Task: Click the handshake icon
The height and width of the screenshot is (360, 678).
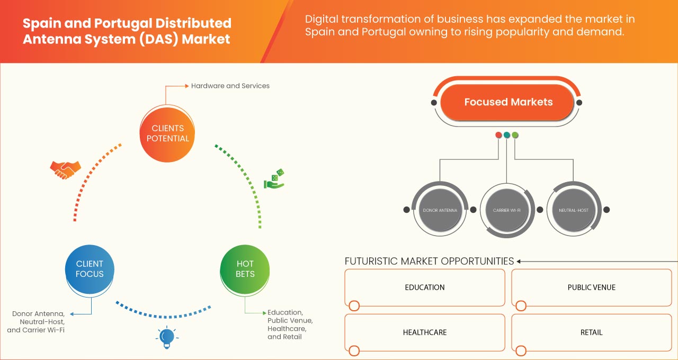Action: (65, 169)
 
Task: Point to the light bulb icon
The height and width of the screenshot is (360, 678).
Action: (167, 337)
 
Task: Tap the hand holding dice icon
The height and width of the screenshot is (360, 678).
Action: (274, 179)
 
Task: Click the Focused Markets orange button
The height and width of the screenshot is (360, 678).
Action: (508, 102)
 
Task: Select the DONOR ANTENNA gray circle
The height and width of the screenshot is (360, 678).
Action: (439, 210)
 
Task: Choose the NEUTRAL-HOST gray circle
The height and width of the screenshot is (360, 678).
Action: (573, 210)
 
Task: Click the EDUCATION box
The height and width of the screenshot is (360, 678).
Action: (425, 287)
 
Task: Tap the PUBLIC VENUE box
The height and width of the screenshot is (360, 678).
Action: (591, 287)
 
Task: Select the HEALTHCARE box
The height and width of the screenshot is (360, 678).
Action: (425, 332)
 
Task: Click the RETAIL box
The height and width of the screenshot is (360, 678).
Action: (591, 332)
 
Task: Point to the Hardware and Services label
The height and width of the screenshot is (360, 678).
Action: (230, 86)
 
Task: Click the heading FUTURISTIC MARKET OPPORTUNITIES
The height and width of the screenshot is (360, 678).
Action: (429, 261)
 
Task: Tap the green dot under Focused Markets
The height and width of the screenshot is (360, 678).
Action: (515, 135)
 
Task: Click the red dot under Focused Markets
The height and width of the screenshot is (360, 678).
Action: (498, 135)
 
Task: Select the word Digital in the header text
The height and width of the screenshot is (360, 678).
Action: (320, 20)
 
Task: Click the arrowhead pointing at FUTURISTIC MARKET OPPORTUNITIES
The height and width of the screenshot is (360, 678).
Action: (519, 261)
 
